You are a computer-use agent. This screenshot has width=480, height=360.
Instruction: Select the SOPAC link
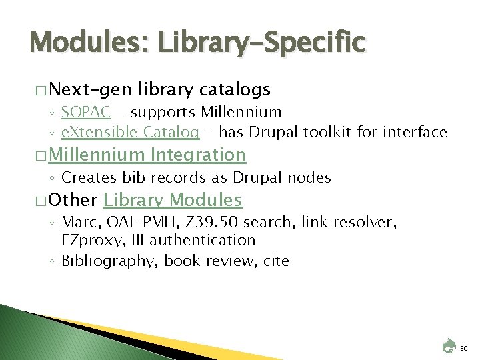[x=85, y=112]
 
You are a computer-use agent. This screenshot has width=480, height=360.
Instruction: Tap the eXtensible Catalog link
[x=130, y=132]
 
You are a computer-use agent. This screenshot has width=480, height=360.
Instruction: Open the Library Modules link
[x=173, y=199]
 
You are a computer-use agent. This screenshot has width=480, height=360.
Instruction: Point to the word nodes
[x=310, y=177]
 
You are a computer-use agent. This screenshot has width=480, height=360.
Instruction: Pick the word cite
[x=275, y=261]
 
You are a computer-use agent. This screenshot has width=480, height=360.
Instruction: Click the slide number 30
[x=464, y=347]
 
